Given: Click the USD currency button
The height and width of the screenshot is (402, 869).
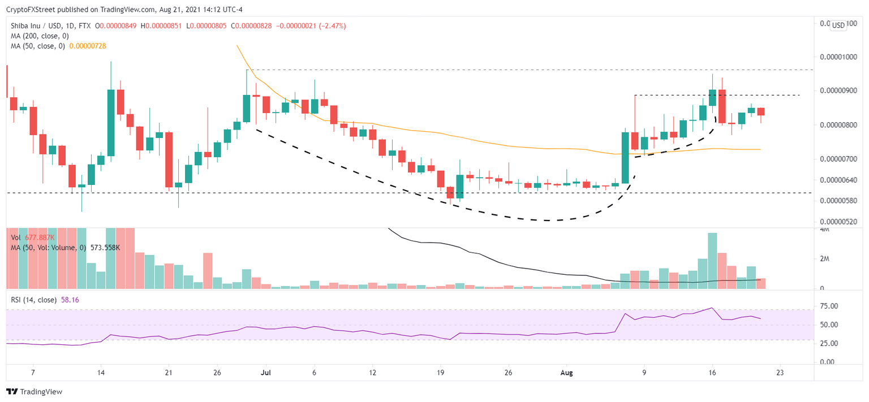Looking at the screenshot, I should click(x=837, y=25).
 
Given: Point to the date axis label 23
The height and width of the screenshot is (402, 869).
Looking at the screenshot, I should click(x=780, y=373).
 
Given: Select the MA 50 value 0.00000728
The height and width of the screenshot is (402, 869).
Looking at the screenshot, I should click(x=88, y=46).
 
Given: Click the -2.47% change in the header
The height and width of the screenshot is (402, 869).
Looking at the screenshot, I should click(x=333, y=26).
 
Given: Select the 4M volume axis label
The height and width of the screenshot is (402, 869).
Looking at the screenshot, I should click(x=824, y=230).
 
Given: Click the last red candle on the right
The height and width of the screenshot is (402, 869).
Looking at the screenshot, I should click(x=761, y=112).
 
